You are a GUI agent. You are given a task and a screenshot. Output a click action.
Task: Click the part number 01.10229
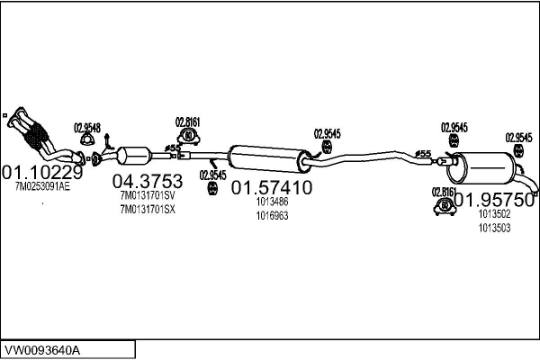coord(42,172)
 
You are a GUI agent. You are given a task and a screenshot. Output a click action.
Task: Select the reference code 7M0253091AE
coord(42,187)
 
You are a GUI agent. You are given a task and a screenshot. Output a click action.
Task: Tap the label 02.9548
coord(86,127)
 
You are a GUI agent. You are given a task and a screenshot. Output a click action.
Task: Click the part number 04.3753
coord(142,181)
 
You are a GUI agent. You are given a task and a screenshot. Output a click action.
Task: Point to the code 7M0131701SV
coord(148,195)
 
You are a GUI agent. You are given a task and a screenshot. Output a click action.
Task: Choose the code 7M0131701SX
coord(148,210)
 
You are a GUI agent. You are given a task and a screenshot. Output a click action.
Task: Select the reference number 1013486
coord(271,203)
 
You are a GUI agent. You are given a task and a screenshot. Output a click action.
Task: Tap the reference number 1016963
coord(271,216)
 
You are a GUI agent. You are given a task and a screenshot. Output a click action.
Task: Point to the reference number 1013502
coord(494,214)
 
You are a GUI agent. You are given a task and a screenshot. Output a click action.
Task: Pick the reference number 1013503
coord(494,228)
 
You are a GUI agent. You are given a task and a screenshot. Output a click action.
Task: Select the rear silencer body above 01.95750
coord(484,169)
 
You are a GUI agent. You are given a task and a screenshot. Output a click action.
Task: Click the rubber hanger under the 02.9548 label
coord(87,139)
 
